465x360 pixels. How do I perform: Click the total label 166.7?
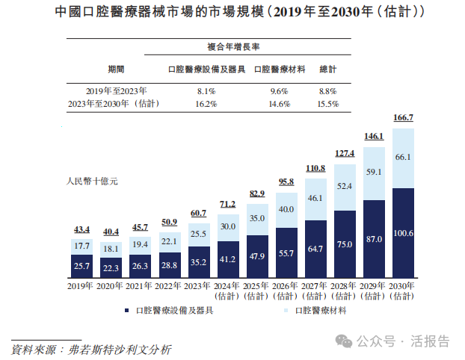pyautogui.click(x=403, y=118)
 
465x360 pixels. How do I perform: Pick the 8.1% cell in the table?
pyautogui.click(x=206, y=90)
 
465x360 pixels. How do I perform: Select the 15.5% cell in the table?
pyautogui.click(x=327, y=104)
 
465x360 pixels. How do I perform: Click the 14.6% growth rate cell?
pyautogui.click(x=279, y=104)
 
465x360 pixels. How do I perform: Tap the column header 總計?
pyautogui.click(x=327, y=69)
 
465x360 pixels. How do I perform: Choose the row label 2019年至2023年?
pyautogui.click(x=116, y=90)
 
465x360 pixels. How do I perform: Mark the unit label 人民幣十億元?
pyautogui.click(x=93, y=180)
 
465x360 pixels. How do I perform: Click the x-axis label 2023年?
pyautogui.click(x=198, y=286)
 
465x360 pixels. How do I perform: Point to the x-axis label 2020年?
pyautogui.click(x=111, y=286)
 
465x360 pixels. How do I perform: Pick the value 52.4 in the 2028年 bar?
pyautogui.click(x=345, y=187)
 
